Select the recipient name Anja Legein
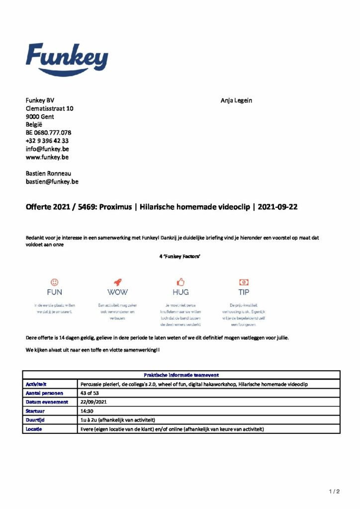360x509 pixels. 236,100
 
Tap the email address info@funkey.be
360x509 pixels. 47,149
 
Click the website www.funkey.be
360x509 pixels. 47,157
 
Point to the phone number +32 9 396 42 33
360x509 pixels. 47,141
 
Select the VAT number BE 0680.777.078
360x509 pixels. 49,133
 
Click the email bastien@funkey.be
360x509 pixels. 52,181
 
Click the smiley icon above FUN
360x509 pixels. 55,281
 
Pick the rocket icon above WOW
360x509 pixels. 117,281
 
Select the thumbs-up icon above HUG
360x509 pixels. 180,281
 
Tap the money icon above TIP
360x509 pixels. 244,281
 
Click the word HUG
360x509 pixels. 180,292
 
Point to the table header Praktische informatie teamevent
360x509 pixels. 181,375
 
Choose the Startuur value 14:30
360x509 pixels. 88,411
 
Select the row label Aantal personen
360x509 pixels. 44,393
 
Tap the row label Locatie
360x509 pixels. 34,428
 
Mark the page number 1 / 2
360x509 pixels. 334,492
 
